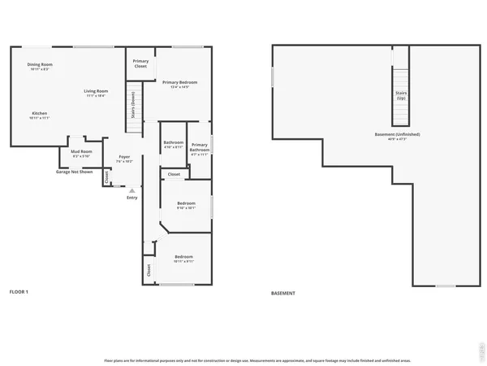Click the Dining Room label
pos(40,66)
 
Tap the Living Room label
pos(97,93)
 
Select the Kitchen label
pos(40,115)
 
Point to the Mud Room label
pos(81,153)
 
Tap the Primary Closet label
pos(140,64)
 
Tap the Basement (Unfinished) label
pos(397,135)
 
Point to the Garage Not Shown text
pos(74,172)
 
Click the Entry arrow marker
pos(131,191)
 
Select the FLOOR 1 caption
pos(19,291)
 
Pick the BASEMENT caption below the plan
pos(282,293)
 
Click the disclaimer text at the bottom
pos(257,359)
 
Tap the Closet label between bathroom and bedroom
pos(174,174)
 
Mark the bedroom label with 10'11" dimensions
pos(183,259)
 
